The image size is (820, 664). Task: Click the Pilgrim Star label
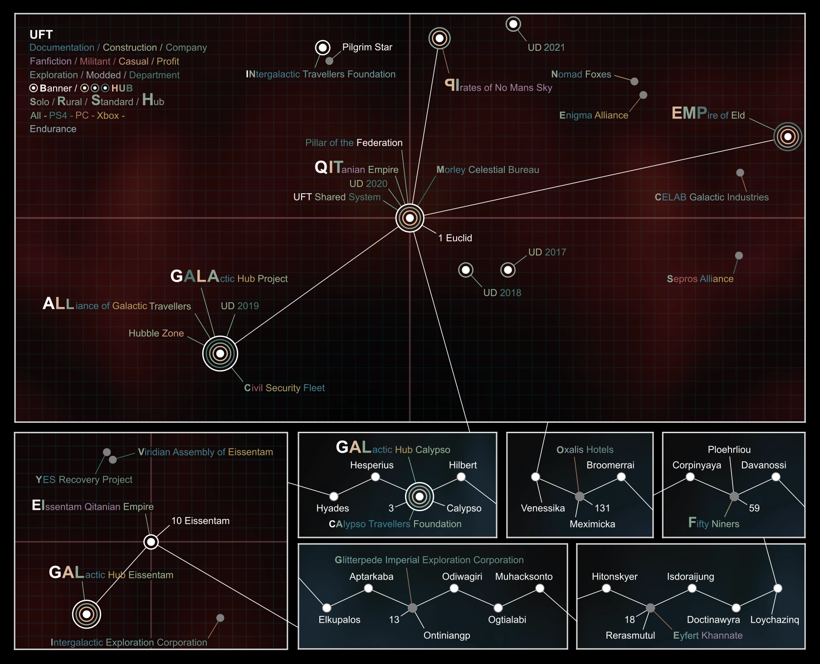point(367,47)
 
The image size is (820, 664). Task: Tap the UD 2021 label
point(546,47)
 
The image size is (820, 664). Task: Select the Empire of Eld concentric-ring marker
point(788,137)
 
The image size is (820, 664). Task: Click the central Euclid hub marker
point(410,218)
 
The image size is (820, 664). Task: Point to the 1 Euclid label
point(455,238)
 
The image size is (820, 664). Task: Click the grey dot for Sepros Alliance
point(739,256)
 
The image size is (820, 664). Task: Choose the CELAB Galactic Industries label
point(711,197)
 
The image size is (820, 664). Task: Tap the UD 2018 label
point(502,293)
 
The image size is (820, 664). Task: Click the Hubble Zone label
point(156,333)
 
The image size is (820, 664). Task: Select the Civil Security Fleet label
point(284,388)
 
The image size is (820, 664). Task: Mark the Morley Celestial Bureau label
point(488,170)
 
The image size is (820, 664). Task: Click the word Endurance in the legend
point(53,129)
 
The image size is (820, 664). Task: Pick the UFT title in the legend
point(41,34)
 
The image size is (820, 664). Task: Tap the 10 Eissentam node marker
point(151,542)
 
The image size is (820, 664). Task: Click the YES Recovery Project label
point(84,479)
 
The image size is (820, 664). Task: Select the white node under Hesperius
point(375,477)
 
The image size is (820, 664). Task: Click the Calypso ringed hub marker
point(420,497)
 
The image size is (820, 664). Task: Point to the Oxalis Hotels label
point(585,449)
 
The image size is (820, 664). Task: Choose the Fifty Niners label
point(713,524)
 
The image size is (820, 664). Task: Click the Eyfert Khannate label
point(708,635)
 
